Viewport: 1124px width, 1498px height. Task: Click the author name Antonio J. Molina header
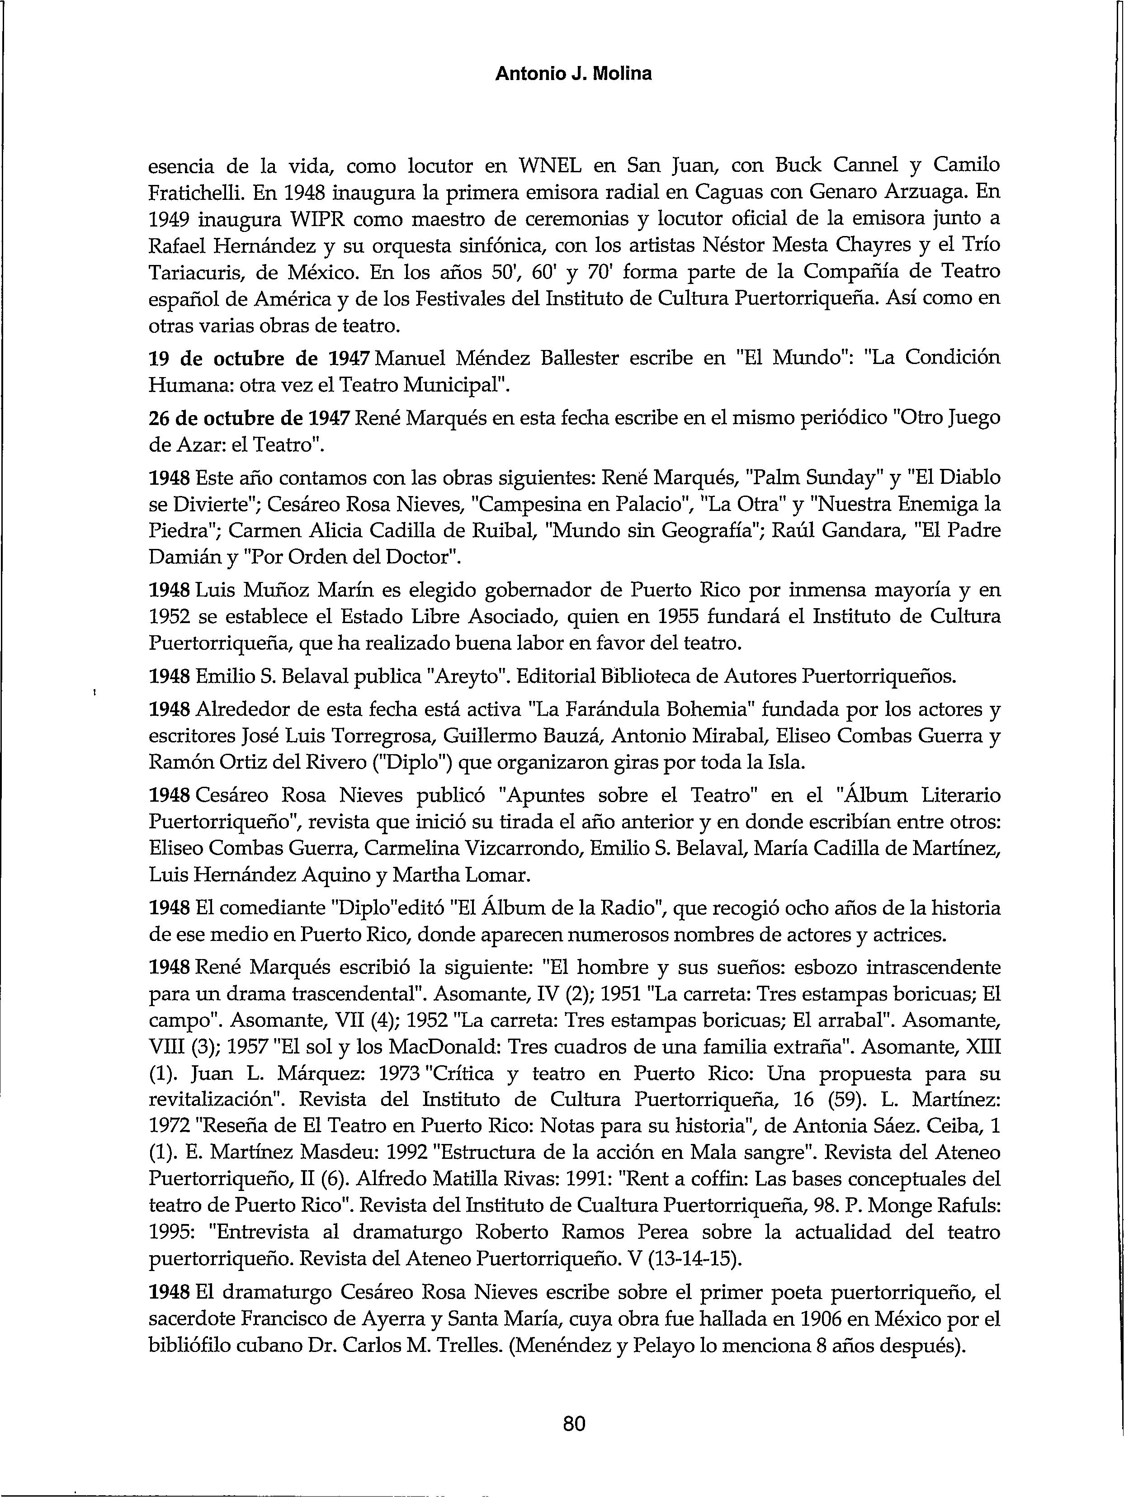pos(573,74)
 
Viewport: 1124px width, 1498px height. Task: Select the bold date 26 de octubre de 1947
pos(249,419)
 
